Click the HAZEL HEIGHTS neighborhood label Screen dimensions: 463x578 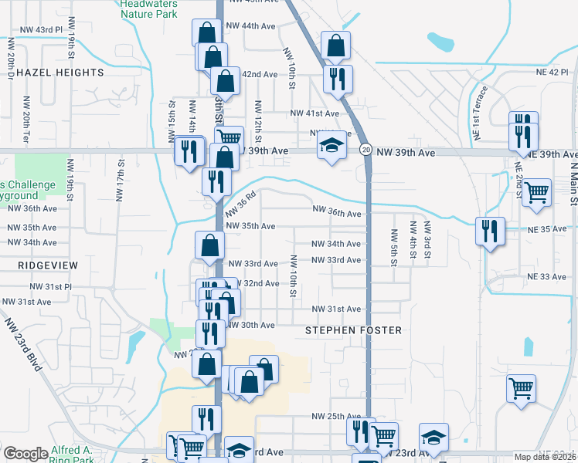tap(59, 73)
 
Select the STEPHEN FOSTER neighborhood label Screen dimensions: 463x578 tap(353, 330)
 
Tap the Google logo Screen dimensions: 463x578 tap(25, 454)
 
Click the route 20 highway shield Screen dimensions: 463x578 tap(365, 148)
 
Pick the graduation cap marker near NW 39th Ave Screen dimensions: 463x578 tap(331, 147)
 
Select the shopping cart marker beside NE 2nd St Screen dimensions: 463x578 tap(536, 192)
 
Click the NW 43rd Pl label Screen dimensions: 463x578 tap(39, 29)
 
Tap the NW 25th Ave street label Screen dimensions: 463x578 tap(336, 416)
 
